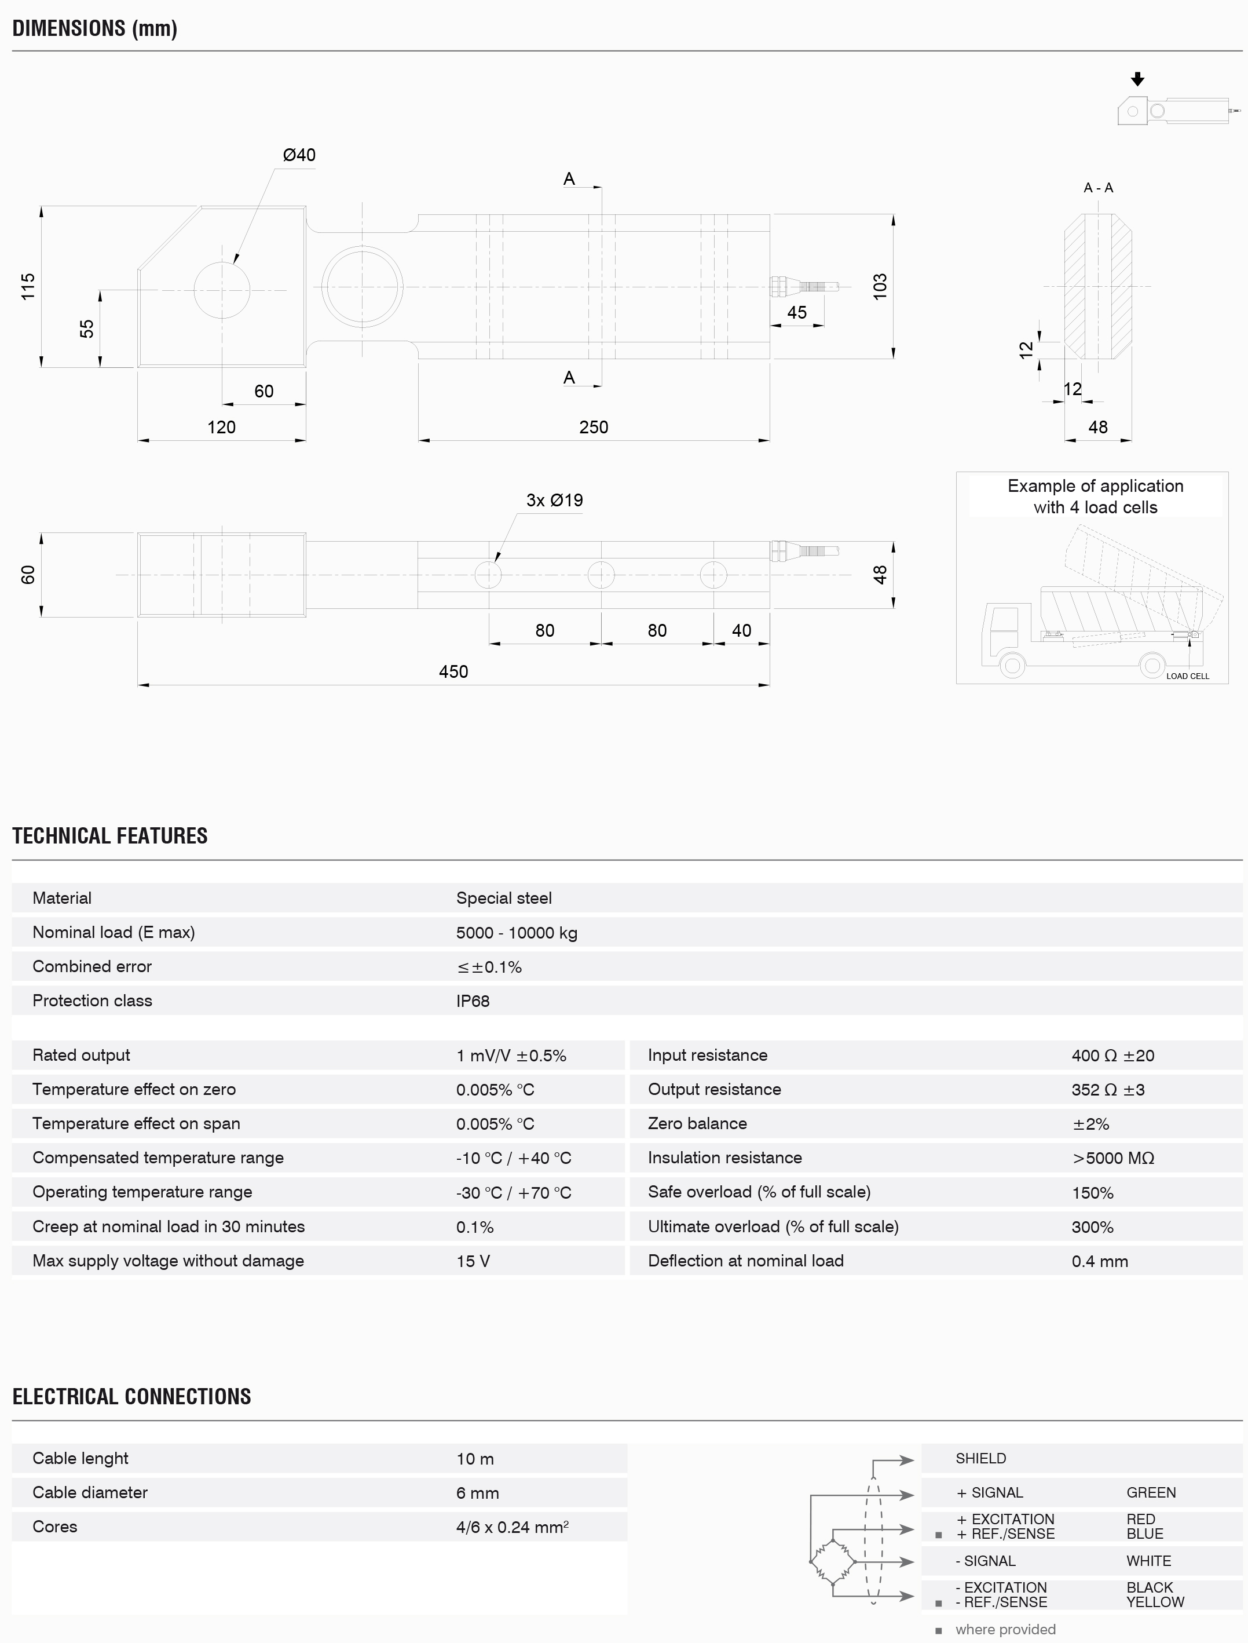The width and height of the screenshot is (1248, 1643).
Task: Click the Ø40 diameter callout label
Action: [299, 155]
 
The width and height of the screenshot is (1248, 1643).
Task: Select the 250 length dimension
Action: [594, 428]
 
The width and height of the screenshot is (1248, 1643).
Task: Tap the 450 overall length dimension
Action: [453, 672]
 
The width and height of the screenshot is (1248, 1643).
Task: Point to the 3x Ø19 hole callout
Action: [554, 500]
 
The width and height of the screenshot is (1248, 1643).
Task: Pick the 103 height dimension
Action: [880, 287]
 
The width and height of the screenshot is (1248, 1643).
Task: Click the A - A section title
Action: [1098, 188]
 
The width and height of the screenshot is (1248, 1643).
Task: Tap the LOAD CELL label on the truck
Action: [1187, 676]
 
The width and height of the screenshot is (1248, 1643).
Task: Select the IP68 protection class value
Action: [473, 1001]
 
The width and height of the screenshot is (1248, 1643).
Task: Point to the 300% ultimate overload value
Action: [1092, 1227]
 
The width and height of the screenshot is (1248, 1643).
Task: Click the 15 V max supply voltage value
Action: [473, 1261]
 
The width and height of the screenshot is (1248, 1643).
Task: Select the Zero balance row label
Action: [697, 1123]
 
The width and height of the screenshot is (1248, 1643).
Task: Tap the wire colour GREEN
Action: [1151, 1492]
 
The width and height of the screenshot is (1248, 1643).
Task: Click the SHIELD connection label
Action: [980, 1458]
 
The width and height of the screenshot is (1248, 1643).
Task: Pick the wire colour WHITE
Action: [1148, 1561]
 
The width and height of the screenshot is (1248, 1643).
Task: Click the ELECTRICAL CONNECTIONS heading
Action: [131, 1396]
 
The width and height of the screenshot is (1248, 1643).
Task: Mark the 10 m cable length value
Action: [475, 1459]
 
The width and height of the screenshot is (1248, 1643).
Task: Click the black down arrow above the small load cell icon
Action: [1137, 79]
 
